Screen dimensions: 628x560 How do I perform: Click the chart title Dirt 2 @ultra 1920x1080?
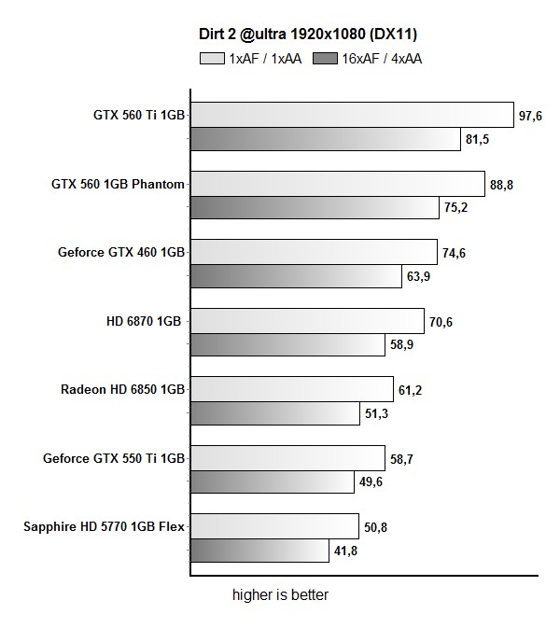307,35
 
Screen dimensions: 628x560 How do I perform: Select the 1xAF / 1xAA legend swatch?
212,58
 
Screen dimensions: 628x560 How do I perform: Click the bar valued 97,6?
352,115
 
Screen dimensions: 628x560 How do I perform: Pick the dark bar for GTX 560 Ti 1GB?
326,139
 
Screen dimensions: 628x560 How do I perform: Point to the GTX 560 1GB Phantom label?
118,184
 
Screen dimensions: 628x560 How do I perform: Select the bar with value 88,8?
337,184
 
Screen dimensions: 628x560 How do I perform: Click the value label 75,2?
455,208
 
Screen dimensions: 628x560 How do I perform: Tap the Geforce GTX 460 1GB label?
121,252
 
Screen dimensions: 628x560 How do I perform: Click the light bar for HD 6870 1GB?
307,321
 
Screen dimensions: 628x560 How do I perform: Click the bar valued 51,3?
275,413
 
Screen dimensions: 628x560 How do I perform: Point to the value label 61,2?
411,390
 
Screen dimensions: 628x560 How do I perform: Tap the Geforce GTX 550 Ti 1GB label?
114,457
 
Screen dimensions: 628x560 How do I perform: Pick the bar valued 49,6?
272,481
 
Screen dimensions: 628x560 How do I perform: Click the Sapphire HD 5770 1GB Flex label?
105,526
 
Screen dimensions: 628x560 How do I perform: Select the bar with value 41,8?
259,551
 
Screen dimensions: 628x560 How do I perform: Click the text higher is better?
280,594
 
